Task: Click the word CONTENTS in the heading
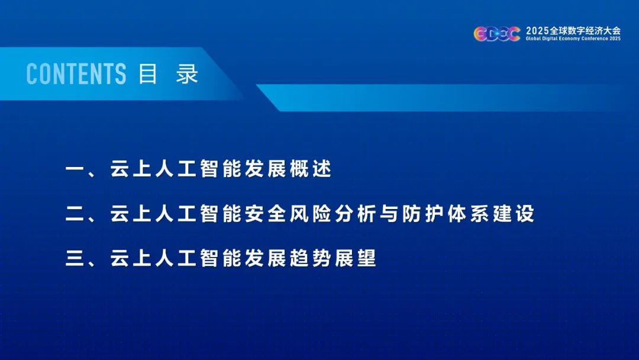tap(76, 74)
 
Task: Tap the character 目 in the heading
tap(147, 74)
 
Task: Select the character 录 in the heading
tap(187, 74)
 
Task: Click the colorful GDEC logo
tap(497, 34)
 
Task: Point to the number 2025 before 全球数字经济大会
tap(537, 31)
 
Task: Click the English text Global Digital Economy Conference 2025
tap(573, 38)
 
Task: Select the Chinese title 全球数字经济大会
tap(585, 31)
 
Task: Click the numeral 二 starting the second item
tap(75, 214)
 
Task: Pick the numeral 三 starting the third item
tap(75, 259)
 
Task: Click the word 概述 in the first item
tap(311, 168)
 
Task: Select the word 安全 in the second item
tap(265, 214)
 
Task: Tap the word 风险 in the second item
tap(311, 214)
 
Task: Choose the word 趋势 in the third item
tap(311, 259)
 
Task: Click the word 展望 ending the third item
tap(356, 259)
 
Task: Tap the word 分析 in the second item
tap(356, 214)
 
